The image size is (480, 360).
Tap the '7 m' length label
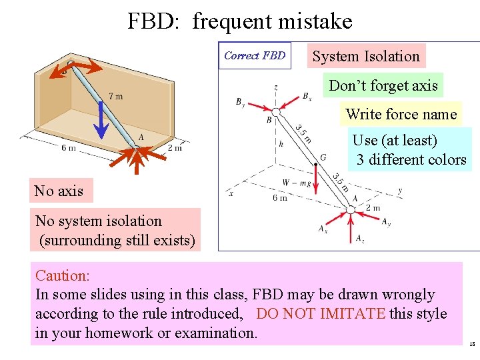click(x=115, y=97)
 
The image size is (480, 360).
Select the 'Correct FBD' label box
click(x=255, y=56)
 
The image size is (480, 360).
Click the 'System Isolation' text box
click(x=366, y=57)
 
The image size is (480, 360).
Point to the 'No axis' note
click(x=59, y=191)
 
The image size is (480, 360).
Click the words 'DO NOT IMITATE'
click(x=321, y=313)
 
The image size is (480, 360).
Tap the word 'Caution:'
click(x=63, y=275)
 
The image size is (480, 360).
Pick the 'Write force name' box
click(x=401, y=114)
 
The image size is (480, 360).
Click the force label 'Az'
click(x=360, y=238)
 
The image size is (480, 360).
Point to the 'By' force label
click(x=241, y=103)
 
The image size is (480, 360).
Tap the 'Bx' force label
click(x=307, y=97)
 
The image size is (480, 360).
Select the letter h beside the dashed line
click(x=281, y=143)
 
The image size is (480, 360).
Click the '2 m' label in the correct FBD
click(x=373, y=208)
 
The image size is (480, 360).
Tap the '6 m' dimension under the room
click(x=69, y=147)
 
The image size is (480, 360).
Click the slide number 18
click(x=472, y=345)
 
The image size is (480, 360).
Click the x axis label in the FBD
click(x=231, y=193)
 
